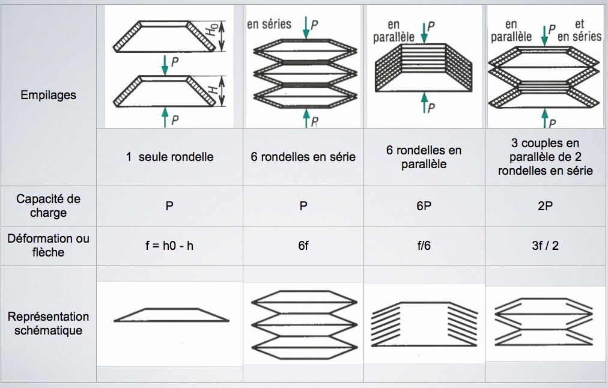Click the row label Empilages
[48, 95]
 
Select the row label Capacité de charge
[48, 205]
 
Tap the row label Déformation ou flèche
[48, 245]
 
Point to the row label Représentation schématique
[48, 323]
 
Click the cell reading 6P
[424, 205]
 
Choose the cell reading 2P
[546, 205]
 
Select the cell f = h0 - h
[170, 245]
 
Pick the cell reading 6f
[303, 245]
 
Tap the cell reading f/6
[424, 245]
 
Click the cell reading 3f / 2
[546, 245]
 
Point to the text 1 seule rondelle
[170, 157]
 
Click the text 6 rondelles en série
[303, 157]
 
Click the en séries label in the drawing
[269, 25]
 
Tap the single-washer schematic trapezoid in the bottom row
[171, 315]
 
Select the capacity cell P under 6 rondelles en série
[303, 205]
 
